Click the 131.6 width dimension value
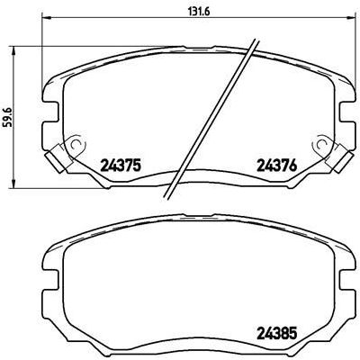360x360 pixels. coord(185,13)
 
